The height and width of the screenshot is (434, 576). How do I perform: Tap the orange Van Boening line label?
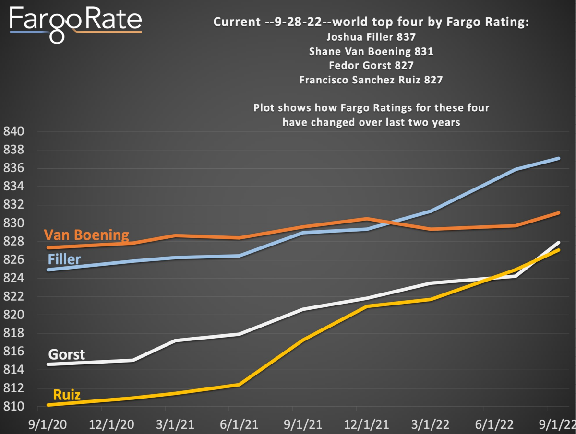pyautogui.click(x=86, y=235)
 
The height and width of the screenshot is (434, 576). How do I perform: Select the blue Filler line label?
pyautogui.click(x=64, y=260)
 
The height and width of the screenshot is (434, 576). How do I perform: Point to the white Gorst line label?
pyautogui.click(x=67, y=354)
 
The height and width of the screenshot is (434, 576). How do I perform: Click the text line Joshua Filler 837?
pyautogui.click(x=371, y=37)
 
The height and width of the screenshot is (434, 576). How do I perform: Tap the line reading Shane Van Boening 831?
pyautogui.click(x=371, y=51)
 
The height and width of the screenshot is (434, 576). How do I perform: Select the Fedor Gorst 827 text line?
pyautogui.click(x=371, y=65)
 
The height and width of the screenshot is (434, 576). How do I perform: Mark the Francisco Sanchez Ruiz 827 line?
pyautogui.click(x=371, y=80)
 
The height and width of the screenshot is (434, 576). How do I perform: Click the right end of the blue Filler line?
pyautogui.click(x=558, y=158)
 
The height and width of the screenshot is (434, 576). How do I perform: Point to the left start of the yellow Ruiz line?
pyautogui.click(x=48, y=405)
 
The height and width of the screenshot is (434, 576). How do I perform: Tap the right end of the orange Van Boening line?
pyautogui.click(x=558, y=213)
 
